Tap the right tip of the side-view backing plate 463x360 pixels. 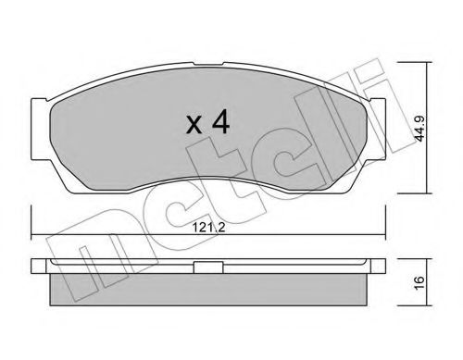tap(385, 266)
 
